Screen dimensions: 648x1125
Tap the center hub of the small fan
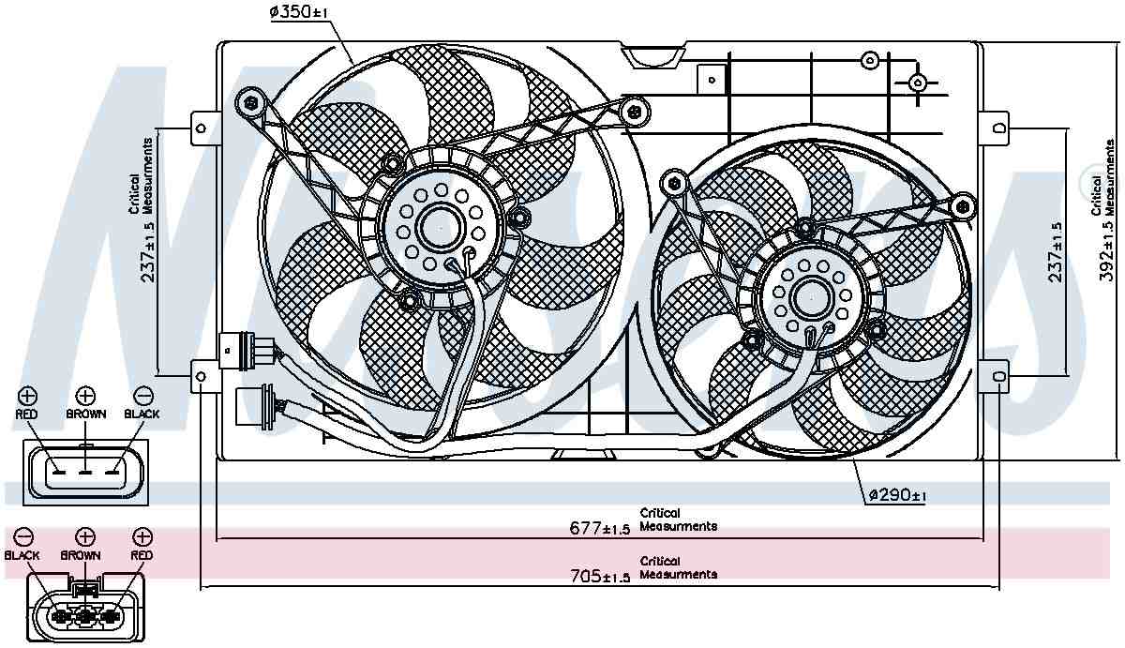[807, 297]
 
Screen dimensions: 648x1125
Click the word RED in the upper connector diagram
[27, 414]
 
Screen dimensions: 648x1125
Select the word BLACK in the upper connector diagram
[142, 414]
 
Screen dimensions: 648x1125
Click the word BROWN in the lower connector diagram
[81, 555]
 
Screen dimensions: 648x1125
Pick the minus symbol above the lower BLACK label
[23, 536]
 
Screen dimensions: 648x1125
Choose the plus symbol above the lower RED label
[142, 536]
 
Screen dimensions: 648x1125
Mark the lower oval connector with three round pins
[85, 615]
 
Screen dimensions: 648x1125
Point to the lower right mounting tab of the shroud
[996, 378]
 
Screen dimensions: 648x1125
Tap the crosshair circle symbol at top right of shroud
[918, 83]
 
